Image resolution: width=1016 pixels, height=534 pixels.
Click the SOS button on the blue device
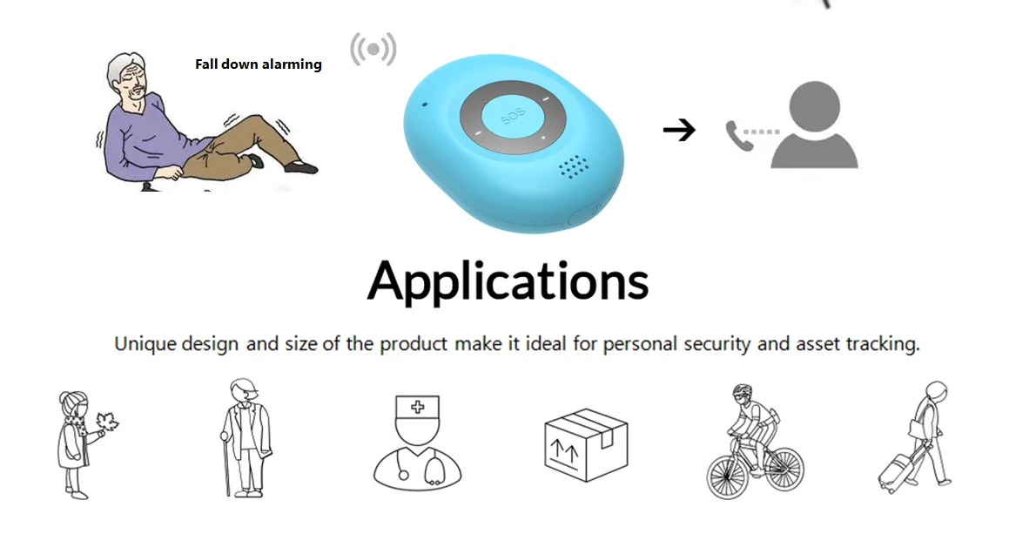513,118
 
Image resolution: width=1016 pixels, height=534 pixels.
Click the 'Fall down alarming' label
259,64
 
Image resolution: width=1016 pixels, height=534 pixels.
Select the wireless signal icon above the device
373,50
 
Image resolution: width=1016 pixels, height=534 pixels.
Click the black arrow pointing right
679,131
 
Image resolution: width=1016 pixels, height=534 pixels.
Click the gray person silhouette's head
815,107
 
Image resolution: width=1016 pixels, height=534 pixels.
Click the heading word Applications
508,281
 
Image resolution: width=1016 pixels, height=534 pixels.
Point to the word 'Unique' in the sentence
145,343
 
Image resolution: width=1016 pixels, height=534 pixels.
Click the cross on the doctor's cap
418,406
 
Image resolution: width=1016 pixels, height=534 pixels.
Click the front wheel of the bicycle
778,471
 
